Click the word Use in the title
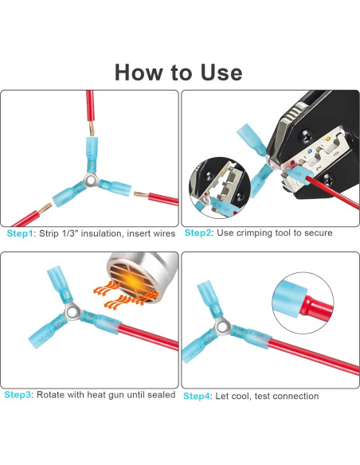point(221,72)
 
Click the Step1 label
point(20,233)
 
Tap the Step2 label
point(198,232)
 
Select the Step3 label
point(18,395)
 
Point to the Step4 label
point(197,397)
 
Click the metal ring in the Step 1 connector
point(92,180)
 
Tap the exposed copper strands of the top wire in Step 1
point(92,128)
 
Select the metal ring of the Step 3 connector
point(72,313)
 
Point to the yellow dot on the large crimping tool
point(327,139)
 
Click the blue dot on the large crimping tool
point(310,151)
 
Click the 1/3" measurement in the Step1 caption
point(70,233)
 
